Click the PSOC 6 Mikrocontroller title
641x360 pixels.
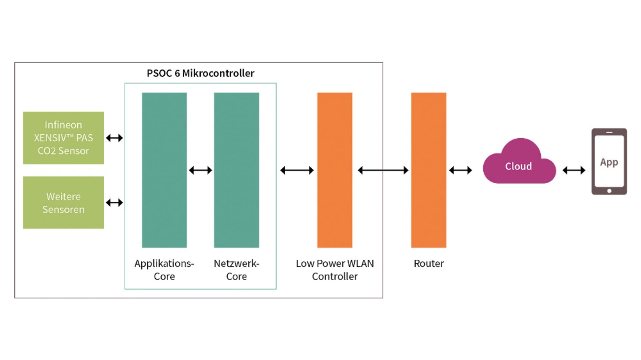click(x=200, y=73)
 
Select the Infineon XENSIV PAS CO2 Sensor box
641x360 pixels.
click(x=64, y=138)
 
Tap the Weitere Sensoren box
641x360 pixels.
click(x=64, y=203)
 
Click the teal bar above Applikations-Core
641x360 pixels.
click(x=164, y=170)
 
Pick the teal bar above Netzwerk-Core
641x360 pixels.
click(x=236, y=170)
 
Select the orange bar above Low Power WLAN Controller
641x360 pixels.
click(x=335, y=170)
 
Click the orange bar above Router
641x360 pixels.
click(x=429, y=170)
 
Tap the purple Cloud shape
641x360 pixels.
click(x=519, y=163)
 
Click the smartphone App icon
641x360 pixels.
click(x=609, y=162)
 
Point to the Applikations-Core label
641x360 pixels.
click(x=164, y=270)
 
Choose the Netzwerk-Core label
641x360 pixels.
click(x=236, y=270)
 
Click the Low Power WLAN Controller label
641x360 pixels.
click(x=335, y=270)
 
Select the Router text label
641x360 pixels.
click(x=429, y=263)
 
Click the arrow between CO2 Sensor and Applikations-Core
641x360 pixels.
click(x=114, y=138)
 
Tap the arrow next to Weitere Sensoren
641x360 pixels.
click(x=114, y=203)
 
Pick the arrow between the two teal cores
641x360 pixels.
click(x=200, y=170)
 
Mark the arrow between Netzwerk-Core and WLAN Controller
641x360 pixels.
click(x=297, y=170)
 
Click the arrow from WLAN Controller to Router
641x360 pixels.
click(x=383, y=170)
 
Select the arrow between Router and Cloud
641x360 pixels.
click(x=460, y=170)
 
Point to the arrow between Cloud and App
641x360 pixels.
click(x=574, y=170)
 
